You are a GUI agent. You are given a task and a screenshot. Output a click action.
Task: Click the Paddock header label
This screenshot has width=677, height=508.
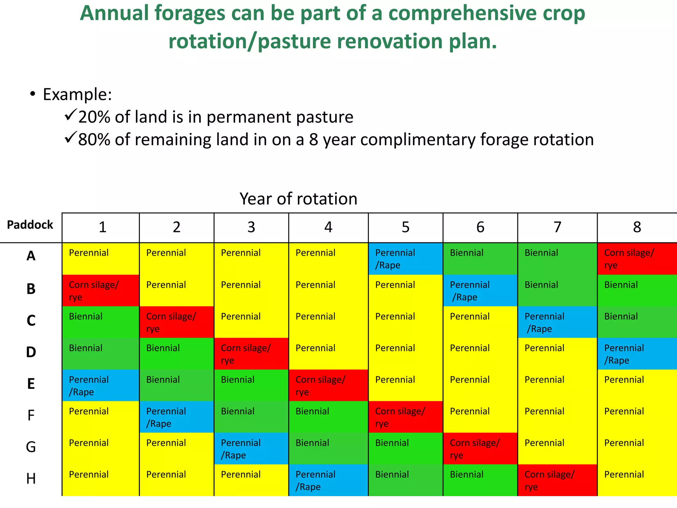click(x=30, y=225)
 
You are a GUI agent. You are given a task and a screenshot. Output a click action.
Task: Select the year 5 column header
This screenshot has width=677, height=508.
click(x=406, y=227)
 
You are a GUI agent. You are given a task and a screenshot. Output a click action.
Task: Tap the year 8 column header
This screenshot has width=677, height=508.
click(x=637, y=227)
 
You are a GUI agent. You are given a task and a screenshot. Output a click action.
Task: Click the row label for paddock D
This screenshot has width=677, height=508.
click(x=31, y=352)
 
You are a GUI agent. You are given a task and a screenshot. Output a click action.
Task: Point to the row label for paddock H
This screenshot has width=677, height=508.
click(x=31, y=479)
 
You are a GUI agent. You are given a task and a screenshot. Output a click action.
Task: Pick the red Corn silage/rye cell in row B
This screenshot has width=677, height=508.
click(x=100, y=290)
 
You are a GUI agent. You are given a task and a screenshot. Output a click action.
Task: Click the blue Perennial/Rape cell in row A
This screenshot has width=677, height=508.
click(x=406, y=259)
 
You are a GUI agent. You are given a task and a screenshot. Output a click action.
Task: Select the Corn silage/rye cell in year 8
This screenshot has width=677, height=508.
click(x=637, y=259)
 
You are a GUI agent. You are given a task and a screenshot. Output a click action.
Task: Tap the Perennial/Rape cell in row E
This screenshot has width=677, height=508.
click(x=100, y=385)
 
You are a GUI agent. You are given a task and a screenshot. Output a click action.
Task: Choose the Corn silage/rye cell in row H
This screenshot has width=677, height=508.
click(x=557, y=480)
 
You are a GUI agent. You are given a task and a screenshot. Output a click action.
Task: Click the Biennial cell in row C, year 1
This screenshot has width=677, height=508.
click(x=100, y=322)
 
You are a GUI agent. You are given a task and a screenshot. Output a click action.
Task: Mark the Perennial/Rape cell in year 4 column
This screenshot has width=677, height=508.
click(x=328, y=480)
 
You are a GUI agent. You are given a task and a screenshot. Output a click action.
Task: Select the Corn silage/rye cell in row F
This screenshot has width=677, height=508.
click(x=406, y=417)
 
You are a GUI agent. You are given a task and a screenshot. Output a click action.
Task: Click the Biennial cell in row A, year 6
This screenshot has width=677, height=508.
click(x=480, y=259)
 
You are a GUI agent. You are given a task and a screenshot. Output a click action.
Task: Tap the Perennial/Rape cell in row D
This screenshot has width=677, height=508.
click(x=637, y=354)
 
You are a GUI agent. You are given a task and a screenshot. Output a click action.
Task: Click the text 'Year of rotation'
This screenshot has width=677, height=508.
click(x=298, y=199)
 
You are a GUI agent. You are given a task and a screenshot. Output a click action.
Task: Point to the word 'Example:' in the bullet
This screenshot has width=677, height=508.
click(x=77, y=95)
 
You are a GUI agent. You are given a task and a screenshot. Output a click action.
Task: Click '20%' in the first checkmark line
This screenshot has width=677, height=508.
click(x=94, y=117)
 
